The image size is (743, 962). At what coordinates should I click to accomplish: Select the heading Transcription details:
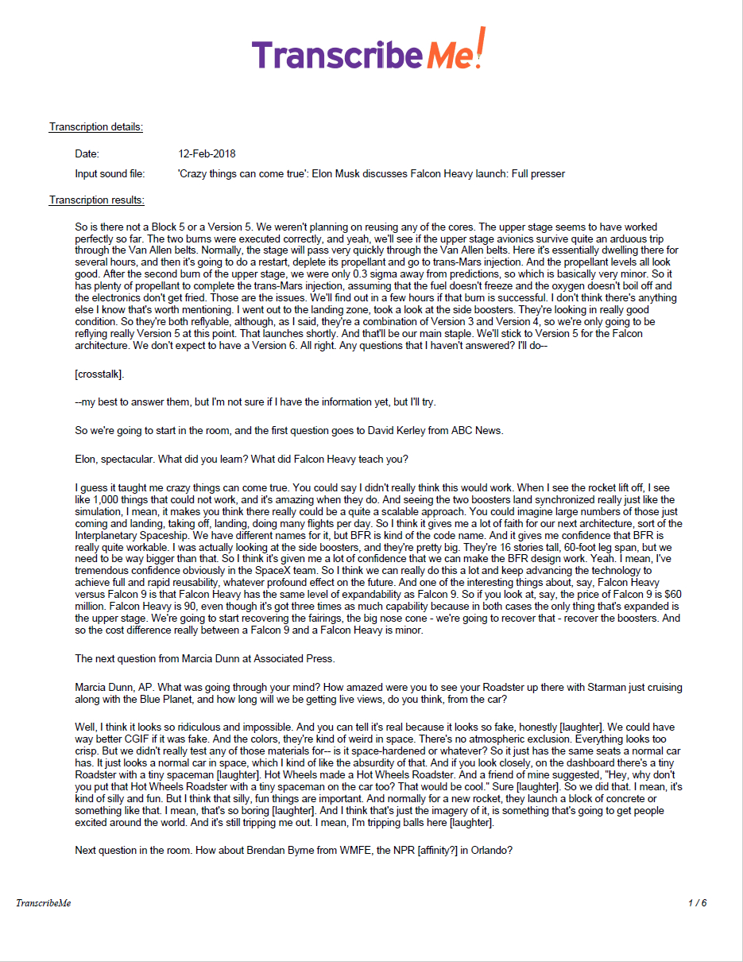coord(96,127)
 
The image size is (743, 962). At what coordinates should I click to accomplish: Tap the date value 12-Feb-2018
coord(207,153)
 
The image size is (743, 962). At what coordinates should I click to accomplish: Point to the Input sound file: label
coord(111,173)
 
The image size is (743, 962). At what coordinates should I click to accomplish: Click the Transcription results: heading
coord(96,200)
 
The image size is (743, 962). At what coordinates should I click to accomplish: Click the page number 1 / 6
coord(697,903)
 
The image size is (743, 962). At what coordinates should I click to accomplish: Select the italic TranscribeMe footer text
coord(44,903)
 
